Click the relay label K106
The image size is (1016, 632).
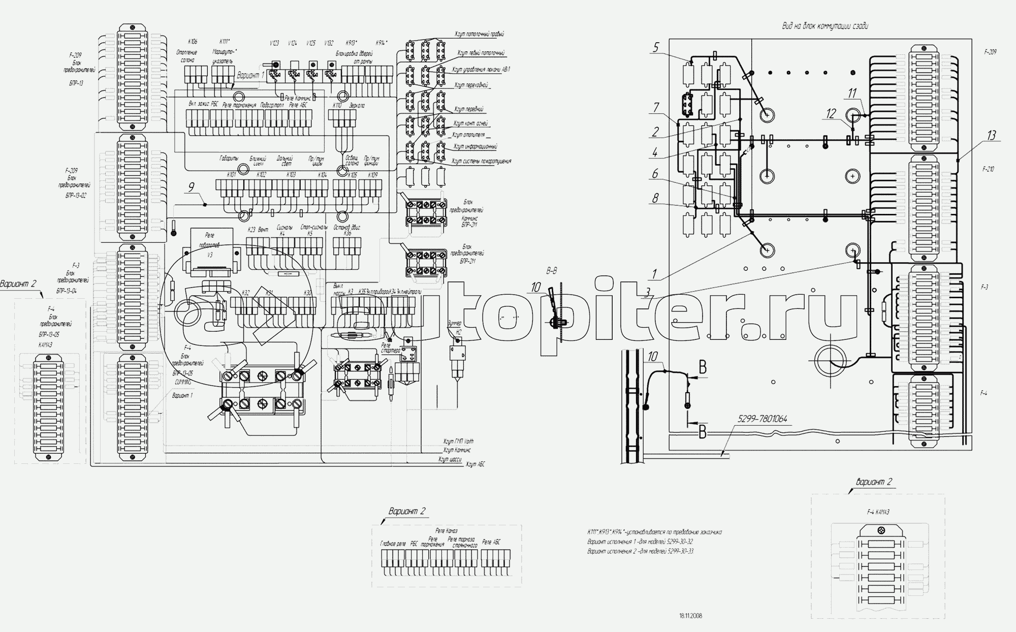tap(193, 42)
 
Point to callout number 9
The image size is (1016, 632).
tap(191, 187)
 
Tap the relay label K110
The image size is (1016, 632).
tap(337, 106)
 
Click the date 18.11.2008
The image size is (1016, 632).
tap(690, 616)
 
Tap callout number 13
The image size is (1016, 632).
tap(992, 136)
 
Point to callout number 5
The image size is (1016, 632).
tap(656, 48)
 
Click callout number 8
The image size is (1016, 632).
tap(655, 198)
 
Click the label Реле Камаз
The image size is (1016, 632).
tap(447, 530)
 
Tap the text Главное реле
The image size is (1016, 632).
tap(393, 543)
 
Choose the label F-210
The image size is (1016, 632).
tap(988, 169)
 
